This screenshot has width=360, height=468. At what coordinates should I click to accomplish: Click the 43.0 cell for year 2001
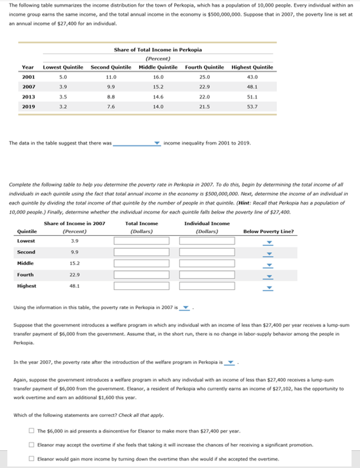252,77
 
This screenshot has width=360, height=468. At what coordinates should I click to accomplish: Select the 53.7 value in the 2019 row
252,107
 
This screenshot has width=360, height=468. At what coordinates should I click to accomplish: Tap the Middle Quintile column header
158,67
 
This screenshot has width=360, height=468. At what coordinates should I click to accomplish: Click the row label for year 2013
28,97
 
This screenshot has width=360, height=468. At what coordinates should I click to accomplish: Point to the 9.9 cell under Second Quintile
111,87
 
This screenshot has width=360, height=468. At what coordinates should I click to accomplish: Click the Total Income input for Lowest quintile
141,241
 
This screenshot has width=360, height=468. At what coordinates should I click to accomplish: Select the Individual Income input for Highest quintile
207,286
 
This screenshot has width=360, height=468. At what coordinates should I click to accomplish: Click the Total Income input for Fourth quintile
141,275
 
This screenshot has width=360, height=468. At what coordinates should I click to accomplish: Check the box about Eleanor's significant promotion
32,445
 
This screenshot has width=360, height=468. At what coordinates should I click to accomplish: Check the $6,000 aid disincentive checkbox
32,431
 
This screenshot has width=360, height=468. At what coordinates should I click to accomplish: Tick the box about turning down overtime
32,459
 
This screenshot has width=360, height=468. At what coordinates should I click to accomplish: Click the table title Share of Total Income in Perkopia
158,50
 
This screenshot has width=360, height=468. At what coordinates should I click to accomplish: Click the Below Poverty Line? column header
268,232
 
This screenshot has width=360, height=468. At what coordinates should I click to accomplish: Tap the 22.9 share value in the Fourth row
75,275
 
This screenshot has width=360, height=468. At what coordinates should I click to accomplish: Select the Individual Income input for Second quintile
207,252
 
